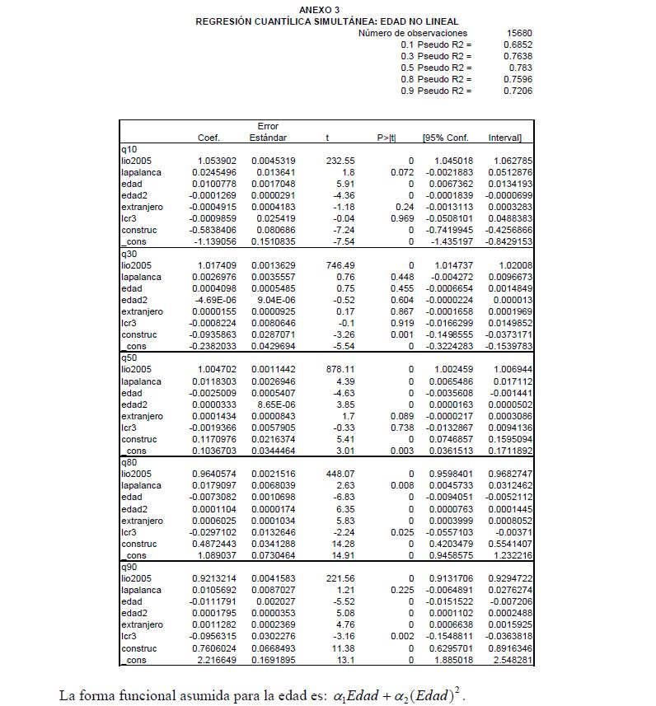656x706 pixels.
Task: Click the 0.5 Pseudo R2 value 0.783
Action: pyautogui.click(x=520, y=68)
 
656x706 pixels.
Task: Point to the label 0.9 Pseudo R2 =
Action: pyautogui.click(x=437, y=91)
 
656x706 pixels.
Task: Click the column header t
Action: pyautogui.click(x=327, y=138)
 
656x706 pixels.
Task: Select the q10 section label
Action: pyautogui.click(x=129, y=149)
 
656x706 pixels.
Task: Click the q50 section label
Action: pyautogui.click(x=129, y=359)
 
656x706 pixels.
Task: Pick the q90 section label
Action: pyautogui.click(x=129, y=568)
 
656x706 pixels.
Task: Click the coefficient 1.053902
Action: pyautogui.click(x=218, y=161)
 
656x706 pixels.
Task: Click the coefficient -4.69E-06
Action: pyautogui.click(x=217, y=301)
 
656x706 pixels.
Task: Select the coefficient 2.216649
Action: pyautogui.click(x=218, y=661)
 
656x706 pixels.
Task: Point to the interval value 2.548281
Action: pyautogui.click(x=512, y=661)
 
